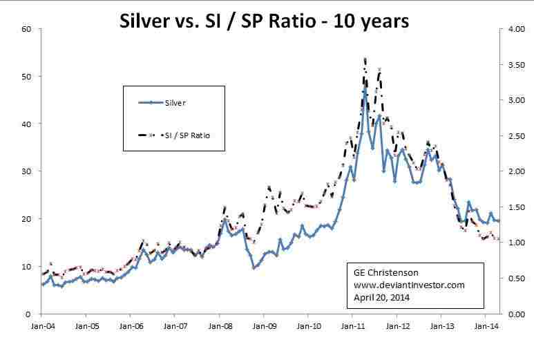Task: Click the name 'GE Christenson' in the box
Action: tap(381, 273)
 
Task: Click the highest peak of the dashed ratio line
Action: tap(365, 59)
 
